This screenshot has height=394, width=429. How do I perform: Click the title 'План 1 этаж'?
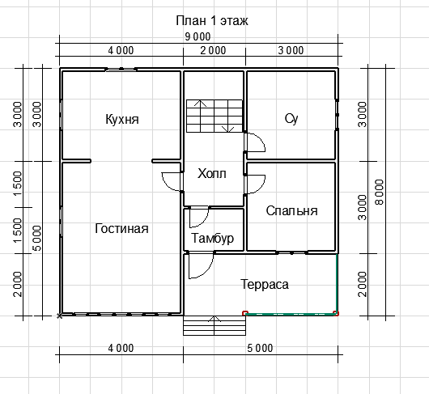[x=212, y=21]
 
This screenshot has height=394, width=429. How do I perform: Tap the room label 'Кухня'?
[x=122, y=120]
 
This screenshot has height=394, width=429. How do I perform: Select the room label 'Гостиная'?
[x=121, y=229]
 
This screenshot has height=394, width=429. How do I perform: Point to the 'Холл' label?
[x=212, y=174]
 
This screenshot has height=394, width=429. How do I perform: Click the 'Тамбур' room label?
[x=213, y=238]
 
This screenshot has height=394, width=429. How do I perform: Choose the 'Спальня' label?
[x=291, y=211]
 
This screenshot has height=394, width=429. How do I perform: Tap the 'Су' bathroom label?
[x=291, y=119]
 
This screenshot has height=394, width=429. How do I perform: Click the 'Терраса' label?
[x=265, y=284]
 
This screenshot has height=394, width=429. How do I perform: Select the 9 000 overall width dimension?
[x=198, y=36]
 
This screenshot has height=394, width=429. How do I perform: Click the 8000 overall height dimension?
[x=380, y=192]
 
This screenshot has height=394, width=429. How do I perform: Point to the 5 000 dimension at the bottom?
[x=260, y=349]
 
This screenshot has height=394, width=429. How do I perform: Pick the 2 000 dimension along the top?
[x=213, y=51]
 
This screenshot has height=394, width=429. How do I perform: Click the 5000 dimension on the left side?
[x=36, y=238]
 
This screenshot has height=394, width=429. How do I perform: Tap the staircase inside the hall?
[x=214, y=117]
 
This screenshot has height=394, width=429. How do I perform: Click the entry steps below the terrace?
[x=214, y=325]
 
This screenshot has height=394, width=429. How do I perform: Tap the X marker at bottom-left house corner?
[x=59, y=316]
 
